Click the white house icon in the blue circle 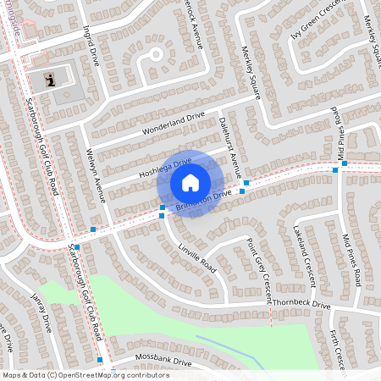click(x=190, y=183)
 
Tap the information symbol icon click(x=50, y=80)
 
